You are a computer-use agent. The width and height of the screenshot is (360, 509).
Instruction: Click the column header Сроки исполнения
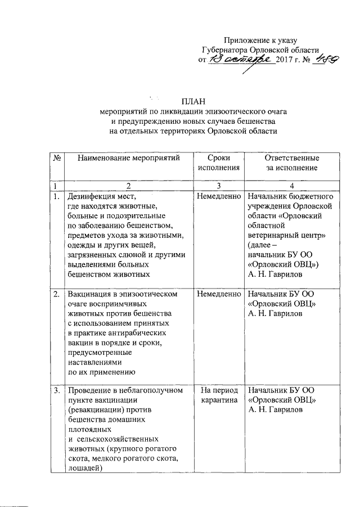pos(219,163)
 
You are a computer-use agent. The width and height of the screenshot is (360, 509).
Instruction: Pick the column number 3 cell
pos(219,186)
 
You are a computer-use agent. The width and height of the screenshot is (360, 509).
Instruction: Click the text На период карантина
pos(219,395)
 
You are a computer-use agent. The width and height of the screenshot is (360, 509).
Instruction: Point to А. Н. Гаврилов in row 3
pos(276,411)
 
